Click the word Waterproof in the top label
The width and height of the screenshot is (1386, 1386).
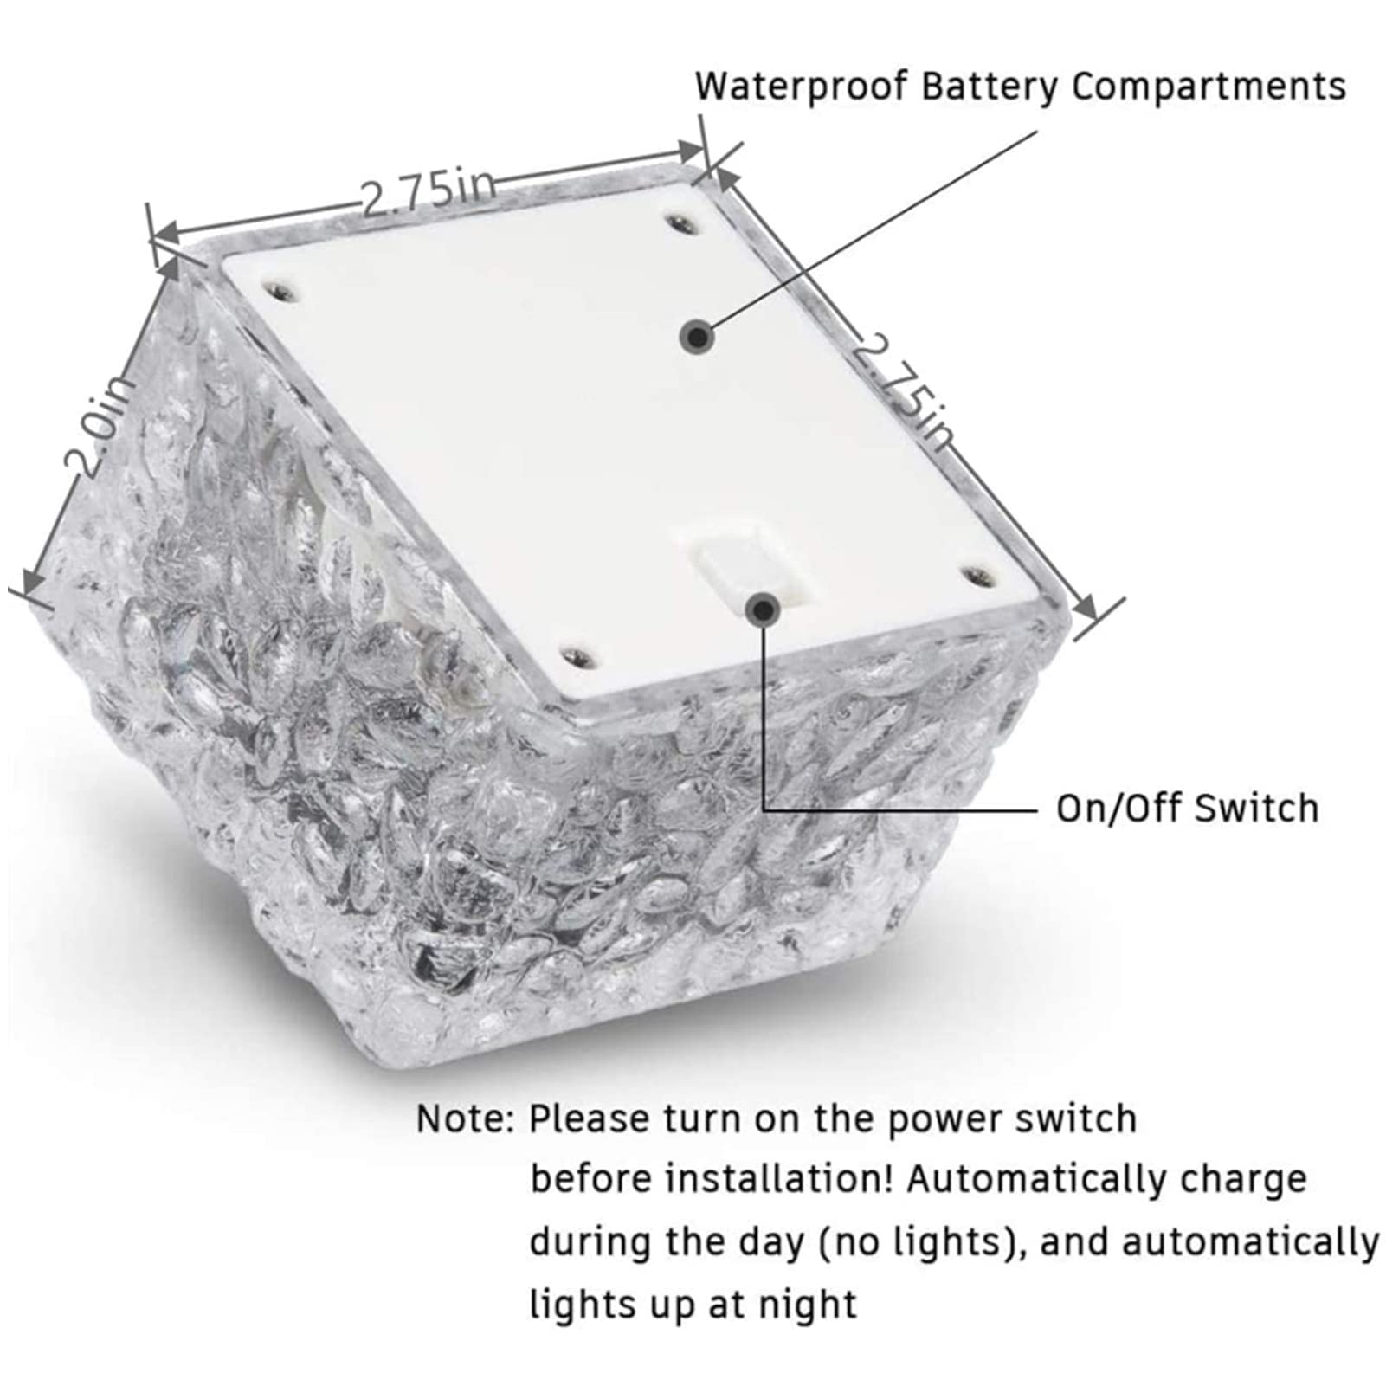click(802, 87)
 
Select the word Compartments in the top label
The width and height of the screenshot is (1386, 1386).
click(1209, 87)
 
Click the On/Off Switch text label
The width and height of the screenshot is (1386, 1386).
click(1187, 809)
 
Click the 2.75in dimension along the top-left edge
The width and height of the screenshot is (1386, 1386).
click(429, 191)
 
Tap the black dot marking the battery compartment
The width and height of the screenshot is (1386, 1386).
click(696, 336)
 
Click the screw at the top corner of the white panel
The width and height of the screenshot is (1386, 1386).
click(682, 225)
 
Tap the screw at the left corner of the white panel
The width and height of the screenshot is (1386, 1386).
click(279, 288)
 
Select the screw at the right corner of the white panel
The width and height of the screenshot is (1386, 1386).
click(977, 574)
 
